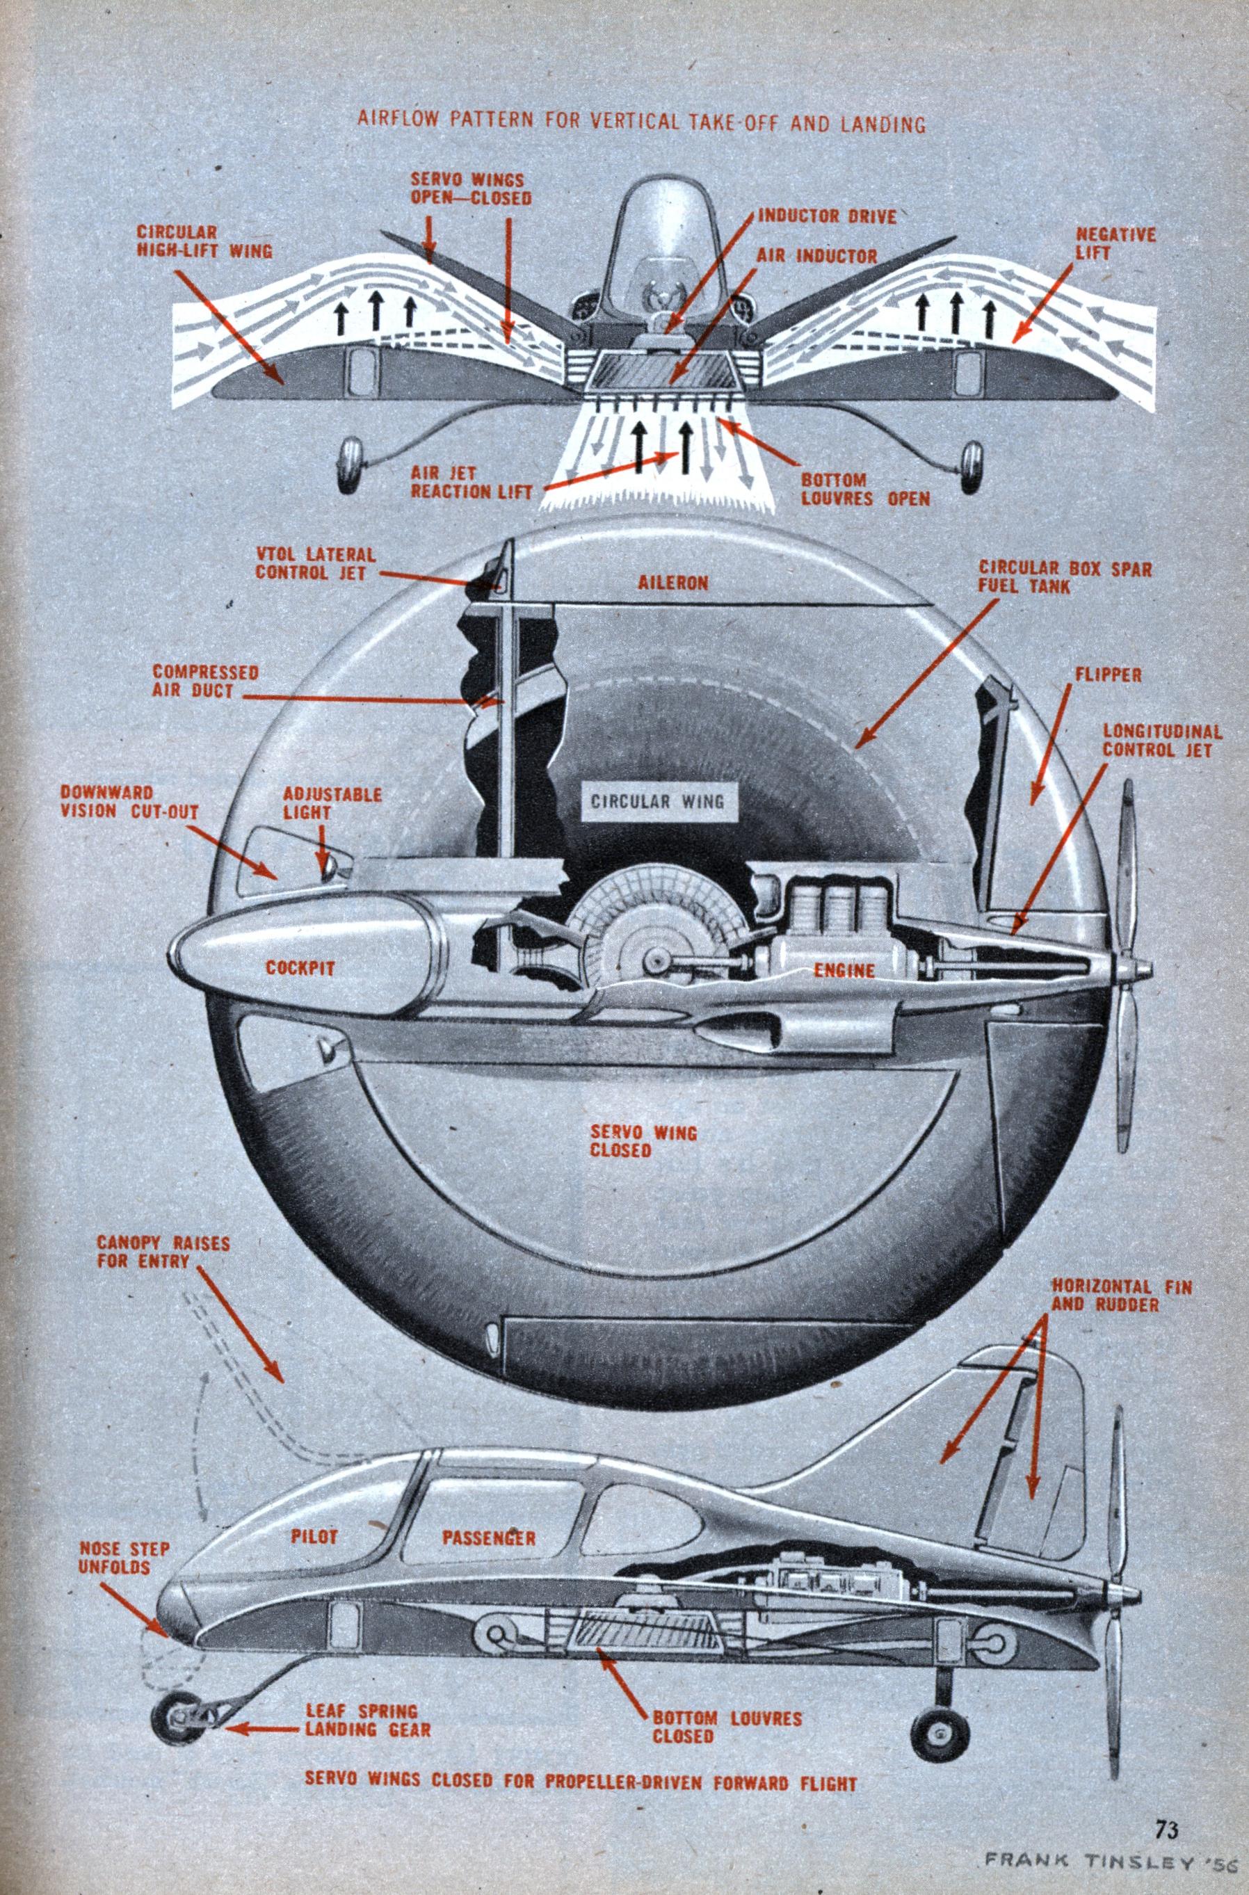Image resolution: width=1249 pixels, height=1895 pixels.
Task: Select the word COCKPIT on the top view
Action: (301, 969)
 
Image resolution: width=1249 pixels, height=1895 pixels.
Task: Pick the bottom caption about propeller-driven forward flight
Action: (581, 1775)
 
